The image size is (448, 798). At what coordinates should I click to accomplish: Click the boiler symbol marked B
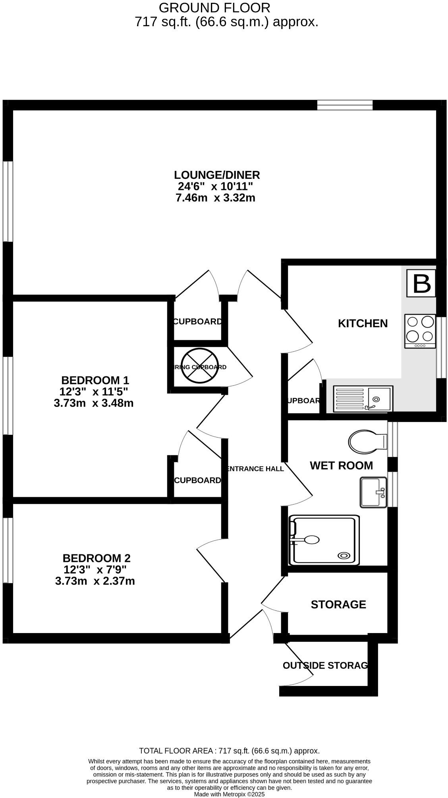[421, 283]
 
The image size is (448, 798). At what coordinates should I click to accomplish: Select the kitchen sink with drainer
[363, 399]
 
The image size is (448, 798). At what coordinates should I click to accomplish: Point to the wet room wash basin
[373, 492]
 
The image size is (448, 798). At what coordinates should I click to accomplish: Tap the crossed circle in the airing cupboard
[197, 366]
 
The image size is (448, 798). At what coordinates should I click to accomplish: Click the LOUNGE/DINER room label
[217, 175]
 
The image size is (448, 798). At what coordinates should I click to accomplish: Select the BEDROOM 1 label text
[95, 380]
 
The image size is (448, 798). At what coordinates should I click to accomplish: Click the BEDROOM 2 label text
[97, 558]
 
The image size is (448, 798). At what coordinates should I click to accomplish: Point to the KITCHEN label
[363, 323]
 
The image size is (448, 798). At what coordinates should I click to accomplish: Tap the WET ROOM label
[341, 465]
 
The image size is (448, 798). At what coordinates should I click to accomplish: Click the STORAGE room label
[338, 604]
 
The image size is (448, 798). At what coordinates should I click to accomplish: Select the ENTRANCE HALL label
[255, 469]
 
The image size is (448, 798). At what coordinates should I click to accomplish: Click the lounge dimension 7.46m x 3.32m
[215, 198]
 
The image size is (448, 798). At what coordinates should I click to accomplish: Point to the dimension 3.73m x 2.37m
[95, 581]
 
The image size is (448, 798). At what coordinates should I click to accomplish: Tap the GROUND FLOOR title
[214, 8]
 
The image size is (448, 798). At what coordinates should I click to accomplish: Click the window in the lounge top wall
[345, 105]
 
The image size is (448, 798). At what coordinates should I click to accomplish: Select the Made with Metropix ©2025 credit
[229, 794]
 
